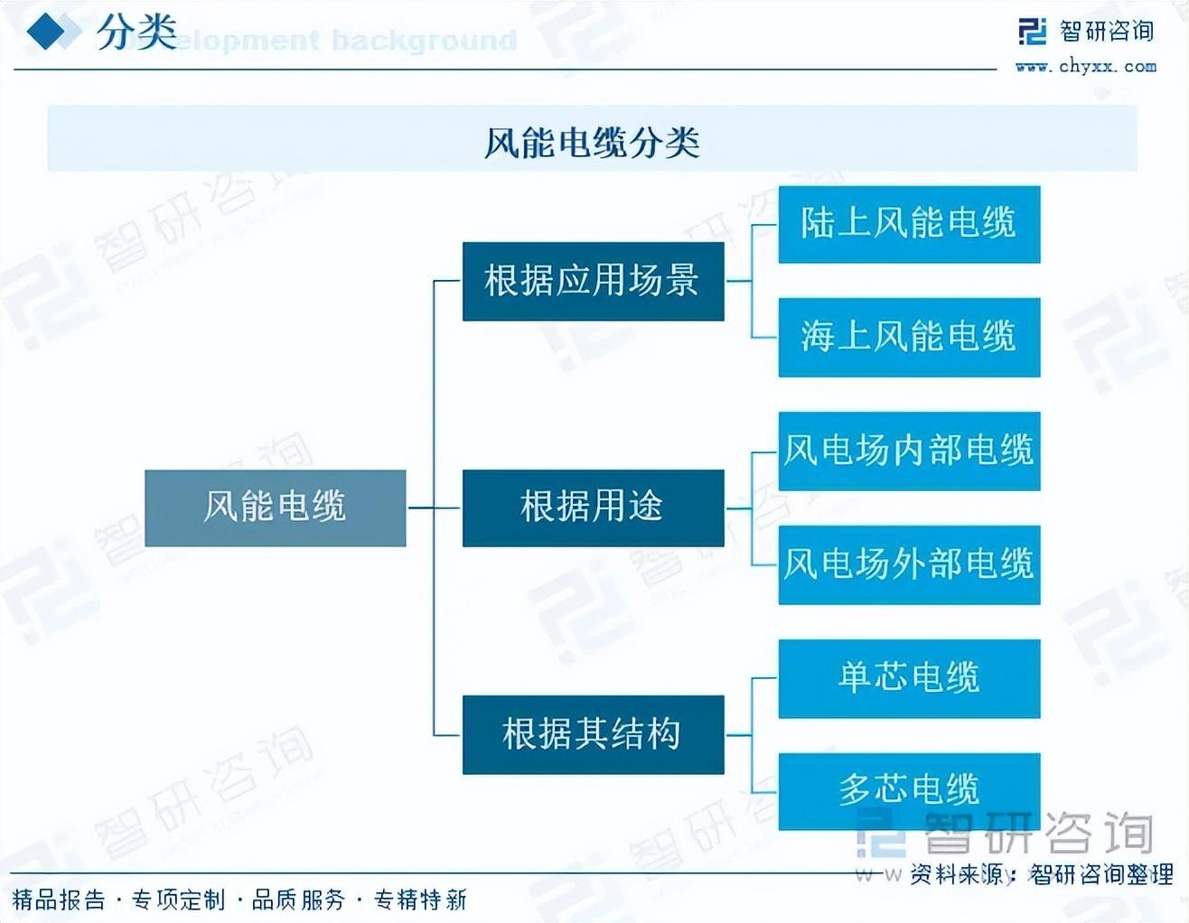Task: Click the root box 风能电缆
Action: point(275,508)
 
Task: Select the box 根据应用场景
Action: point(593,281)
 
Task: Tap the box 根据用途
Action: point(593,508)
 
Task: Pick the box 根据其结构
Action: point(593,734)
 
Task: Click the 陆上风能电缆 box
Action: point(909,224)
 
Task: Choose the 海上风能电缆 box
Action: point(909,337)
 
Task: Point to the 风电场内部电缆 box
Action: point(909,452)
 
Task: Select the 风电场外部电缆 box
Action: point(909,564)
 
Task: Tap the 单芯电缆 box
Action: point(909,678)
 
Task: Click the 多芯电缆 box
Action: point(909,790)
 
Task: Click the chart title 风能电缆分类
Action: point(593,143)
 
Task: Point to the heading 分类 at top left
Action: point(136,33)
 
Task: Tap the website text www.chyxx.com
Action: point(1085,66)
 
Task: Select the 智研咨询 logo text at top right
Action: point(1106,32)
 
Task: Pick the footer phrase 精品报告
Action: point(59,900)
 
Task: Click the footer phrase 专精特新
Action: point(420,900)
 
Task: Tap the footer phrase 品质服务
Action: point(299,900)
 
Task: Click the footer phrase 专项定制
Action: point(179,900)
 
